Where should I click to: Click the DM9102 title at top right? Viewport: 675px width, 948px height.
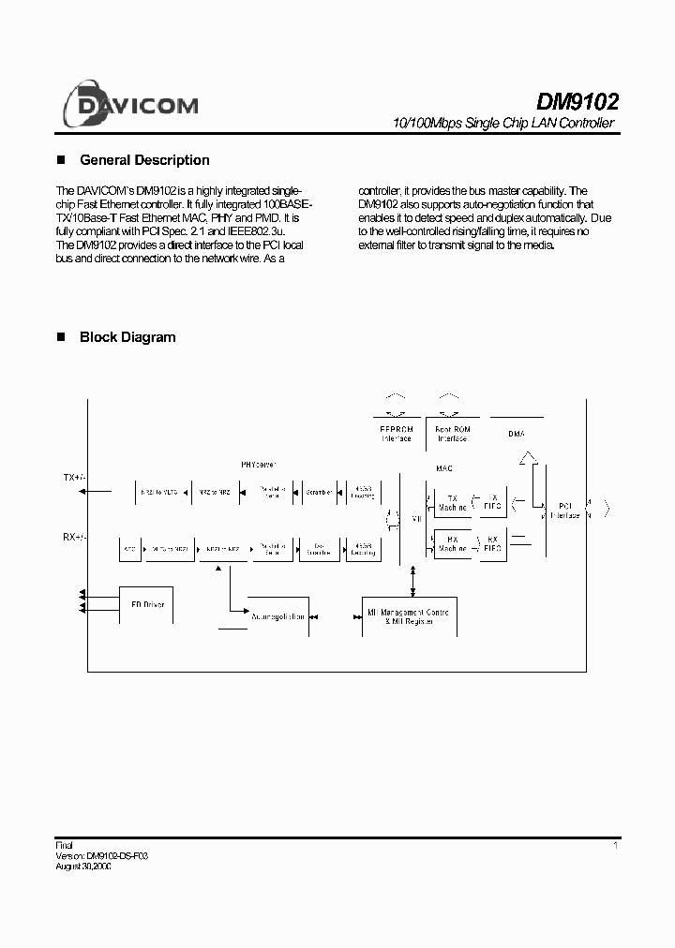click(576, 101)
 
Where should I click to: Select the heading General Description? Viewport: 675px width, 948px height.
click(144, 160)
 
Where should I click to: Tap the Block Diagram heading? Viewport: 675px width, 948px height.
click(127, 337)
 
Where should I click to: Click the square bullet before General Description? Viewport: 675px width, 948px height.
click(63, 160)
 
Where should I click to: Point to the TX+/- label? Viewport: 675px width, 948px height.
click(74, 478)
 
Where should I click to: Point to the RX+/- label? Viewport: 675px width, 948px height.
click(74, 537)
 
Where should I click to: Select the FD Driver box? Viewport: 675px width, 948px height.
click(147, 605)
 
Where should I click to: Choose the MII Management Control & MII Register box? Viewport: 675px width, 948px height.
click(409, 616)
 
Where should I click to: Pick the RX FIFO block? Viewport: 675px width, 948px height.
click(492, 543)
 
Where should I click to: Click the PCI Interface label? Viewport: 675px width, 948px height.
click(564, 511)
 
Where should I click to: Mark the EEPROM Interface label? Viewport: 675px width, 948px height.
click(396, 434)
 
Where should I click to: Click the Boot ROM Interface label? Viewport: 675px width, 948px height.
click(452, 434)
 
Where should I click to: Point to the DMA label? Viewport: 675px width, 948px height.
click(516, 433)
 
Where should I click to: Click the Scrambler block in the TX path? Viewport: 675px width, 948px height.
click(319, 491)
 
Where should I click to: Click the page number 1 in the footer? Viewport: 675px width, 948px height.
click(615, 846)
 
